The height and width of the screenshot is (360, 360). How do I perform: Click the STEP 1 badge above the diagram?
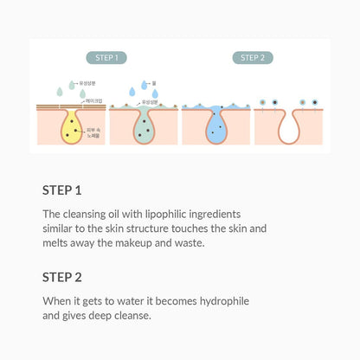click(x=107, y=58)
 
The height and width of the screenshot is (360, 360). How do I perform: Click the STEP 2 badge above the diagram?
click(x=253, y=58)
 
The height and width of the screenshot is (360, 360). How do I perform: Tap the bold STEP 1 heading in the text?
click(x=61, y=190)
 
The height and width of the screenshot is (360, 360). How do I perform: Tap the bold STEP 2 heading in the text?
click(x=61, y=278)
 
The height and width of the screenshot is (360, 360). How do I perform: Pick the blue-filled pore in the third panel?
click(x=216, y=125)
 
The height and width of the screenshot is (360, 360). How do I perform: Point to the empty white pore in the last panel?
click(x=289, y=127)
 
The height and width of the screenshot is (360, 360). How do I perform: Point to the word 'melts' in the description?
click(x=57, y=245)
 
